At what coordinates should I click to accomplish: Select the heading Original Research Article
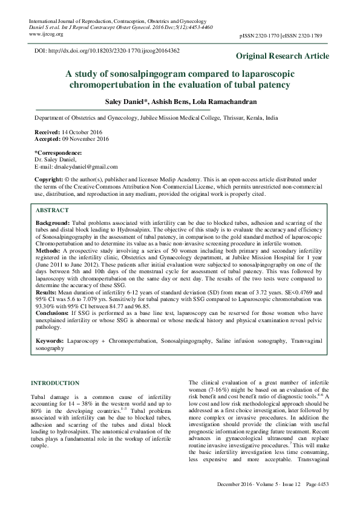(x=283, y=56)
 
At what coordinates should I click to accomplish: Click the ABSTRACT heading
(x=52, y=210)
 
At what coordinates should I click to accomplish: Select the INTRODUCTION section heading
(x=55, y=383)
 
